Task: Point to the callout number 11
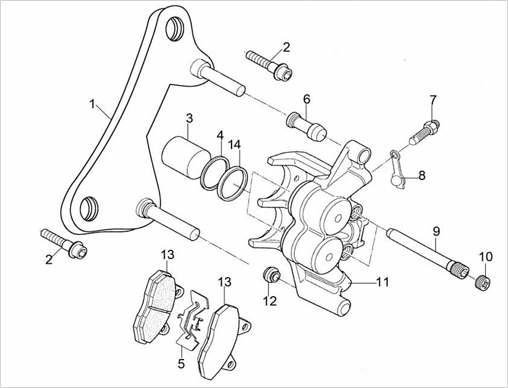coord(382,283)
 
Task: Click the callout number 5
coord(181,364)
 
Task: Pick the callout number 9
coord(436,231)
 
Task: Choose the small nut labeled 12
coord(269,275)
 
